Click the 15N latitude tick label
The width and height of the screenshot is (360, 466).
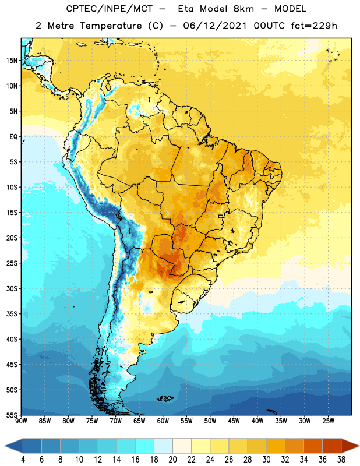(12, 61)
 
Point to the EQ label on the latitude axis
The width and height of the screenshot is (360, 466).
(13, 137)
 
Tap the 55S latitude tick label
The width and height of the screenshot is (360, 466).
(12, 415)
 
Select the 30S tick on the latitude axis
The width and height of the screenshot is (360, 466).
(12, 288)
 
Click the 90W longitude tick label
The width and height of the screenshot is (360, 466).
(21, 421)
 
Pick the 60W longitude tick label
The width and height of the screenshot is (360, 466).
(163, 421)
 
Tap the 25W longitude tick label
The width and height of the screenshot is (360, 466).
(328, 421)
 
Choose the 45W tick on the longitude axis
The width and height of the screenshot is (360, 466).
(234, 421)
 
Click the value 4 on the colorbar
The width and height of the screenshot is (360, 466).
(23, 460)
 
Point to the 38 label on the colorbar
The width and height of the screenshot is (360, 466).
(341, 460)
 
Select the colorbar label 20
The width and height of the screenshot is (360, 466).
(172, 460)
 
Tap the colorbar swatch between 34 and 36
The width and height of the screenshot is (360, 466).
(313, 446)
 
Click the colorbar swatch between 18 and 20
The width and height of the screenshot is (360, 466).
(164, 446)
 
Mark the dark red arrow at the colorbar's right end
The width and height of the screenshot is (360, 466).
(350, 446)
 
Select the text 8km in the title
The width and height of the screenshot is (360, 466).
(243, 9)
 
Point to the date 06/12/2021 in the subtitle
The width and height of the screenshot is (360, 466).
(215, 26)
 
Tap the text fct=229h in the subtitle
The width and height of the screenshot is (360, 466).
(314, 26)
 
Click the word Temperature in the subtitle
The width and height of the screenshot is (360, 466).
(111, 26)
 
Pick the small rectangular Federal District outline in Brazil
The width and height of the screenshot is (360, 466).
(221, 216)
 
